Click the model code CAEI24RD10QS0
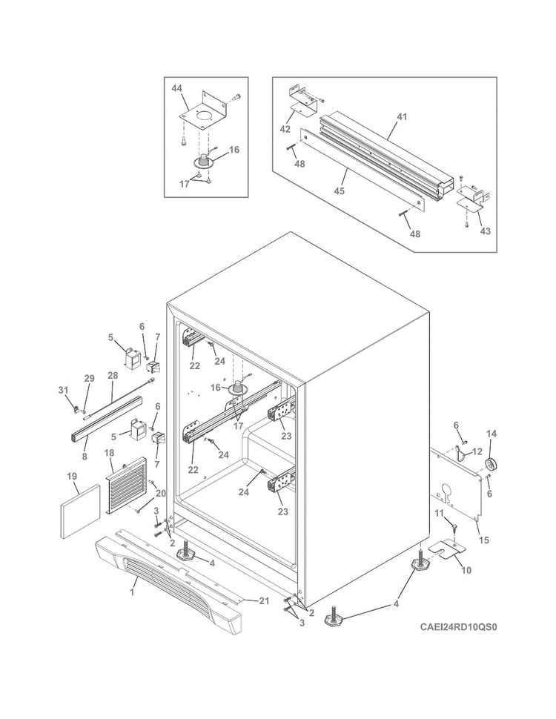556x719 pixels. point(458,626)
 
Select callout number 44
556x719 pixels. point(177,88)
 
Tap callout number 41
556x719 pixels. point(402,117)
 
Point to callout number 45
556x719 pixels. point(339,190)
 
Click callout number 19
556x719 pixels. point(72,477)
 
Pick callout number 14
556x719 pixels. point(492,434)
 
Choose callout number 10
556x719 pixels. point(466,571)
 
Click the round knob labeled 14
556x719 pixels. point(492,464)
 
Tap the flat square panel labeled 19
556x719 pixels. point(80,511)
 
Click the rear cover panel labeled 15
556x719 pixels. point(456,484)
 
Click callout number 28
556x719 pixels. point(113,376)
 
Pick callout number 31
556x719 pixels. point(63,390)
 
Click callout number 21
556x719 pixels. point(264,601)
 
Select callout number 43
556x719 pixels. point(485,231)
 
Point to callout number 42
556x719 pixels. point(285,129)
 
